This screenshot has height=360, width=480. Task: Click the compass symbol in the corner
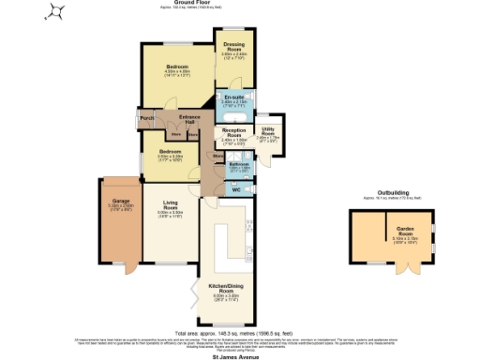56,12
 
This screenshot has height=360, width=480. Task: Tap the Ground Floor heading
239,3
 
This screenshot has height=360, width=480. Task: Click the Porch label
146,119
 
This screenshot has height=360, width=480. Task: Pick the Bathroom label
238,165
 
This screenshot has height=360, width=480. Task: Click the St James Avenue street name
239,356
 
